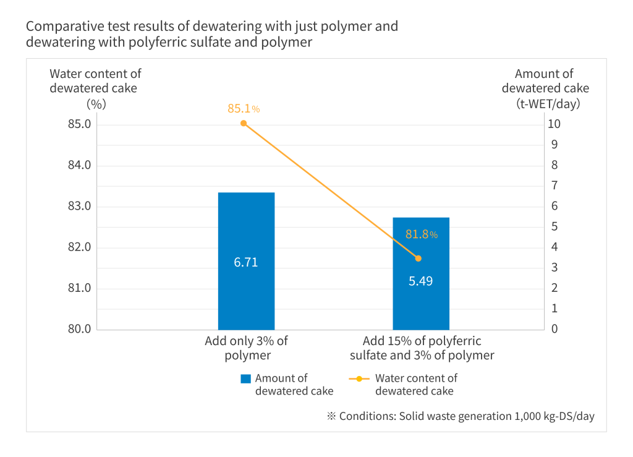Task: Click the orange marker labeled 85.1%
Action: (x=244, y=123)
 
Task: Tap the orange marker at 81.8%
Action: (x=418, y=258)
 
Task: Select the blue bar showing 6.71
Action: (x=246, y=261)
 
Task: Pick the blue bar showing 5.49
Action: (x=421, y=274)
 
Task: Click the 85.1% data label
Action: (x=244, y=109)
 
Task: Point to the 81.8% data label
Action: (x=422, y=234)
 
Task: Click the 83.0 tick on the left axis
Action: (x=80, y=207)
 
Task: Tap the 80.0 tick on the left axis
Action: (x=80, y=329)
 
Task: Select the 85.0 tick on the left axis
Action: (x=80, y=124)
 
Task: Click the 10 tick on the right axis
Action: (x=554, y=124)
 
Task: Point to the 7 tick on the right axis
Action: (x=554, y=186)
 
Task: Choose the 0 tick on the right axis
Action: (x=554, y=329)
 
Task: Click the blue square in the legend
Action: (x=245, y=378)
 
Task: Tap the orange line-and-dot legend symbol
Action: (x=359, y=378)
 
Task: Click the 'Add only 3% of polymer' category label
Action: (x=246, y=348)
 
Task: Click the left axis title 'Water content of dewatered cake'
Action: (x=95, y=81)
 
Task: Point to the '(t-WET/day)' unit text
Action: (x=548, y=104)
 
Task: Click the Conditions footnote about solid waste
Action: (x=461, y=416)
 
